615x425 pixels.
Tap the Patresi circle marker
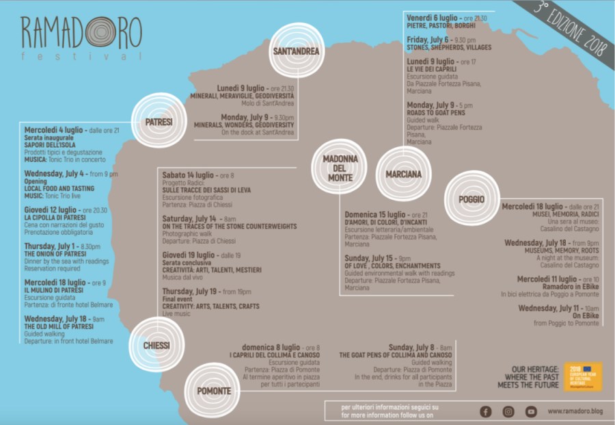tap(159, 122)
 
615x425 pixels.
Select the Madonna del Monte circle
tap(340, 168)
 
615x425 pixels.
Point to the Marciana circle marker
tap(403, 174)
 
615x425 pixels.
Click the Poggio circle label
tap(471, 199)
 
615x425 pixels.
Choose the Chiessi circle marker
tap(156, 345)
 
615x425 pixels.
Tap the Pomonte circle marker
tap(213, 391)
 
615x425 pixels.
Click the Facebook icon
tap(486, 411)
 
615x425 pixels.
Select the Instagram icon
tap(508, 411)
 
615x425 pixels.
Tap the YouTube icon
tap(531, 411)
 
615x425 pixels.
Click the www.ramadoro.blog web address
tap(574, 411)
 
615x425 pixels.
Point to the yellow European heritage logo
tap(583, 376)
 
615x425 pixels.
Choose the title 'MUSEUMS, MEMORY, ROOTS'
tap(551, 250)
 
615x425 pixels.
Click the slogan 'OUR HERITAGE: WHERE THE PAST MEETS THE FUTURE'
tap(532, 376)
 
